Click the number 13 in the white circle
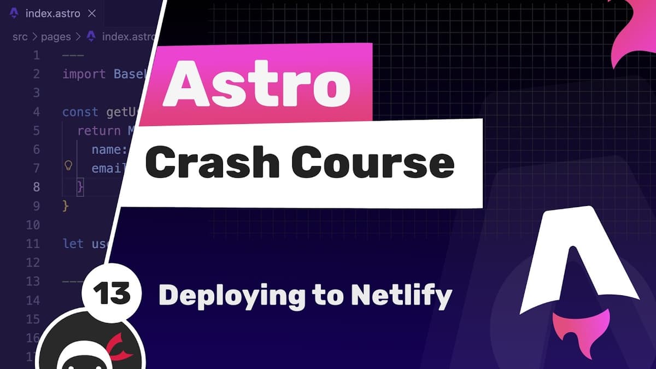click(x=112, y=295)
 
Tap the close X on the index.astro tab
click(x=92, y=14)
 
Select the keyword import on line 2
click(x=84, y=74)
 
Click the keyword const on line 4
click(x=80, y=112)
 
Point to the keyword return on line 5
click(x=99, y=131)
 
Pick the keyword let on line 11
click(x=73, y=243)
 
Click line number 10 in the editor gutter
click(x=33, y=225)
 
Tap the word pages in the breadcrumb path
click(x=56, y=37)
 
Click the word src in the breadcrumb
click(x=21, y=37)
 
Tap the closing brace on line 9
click(x=66, y=206)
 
